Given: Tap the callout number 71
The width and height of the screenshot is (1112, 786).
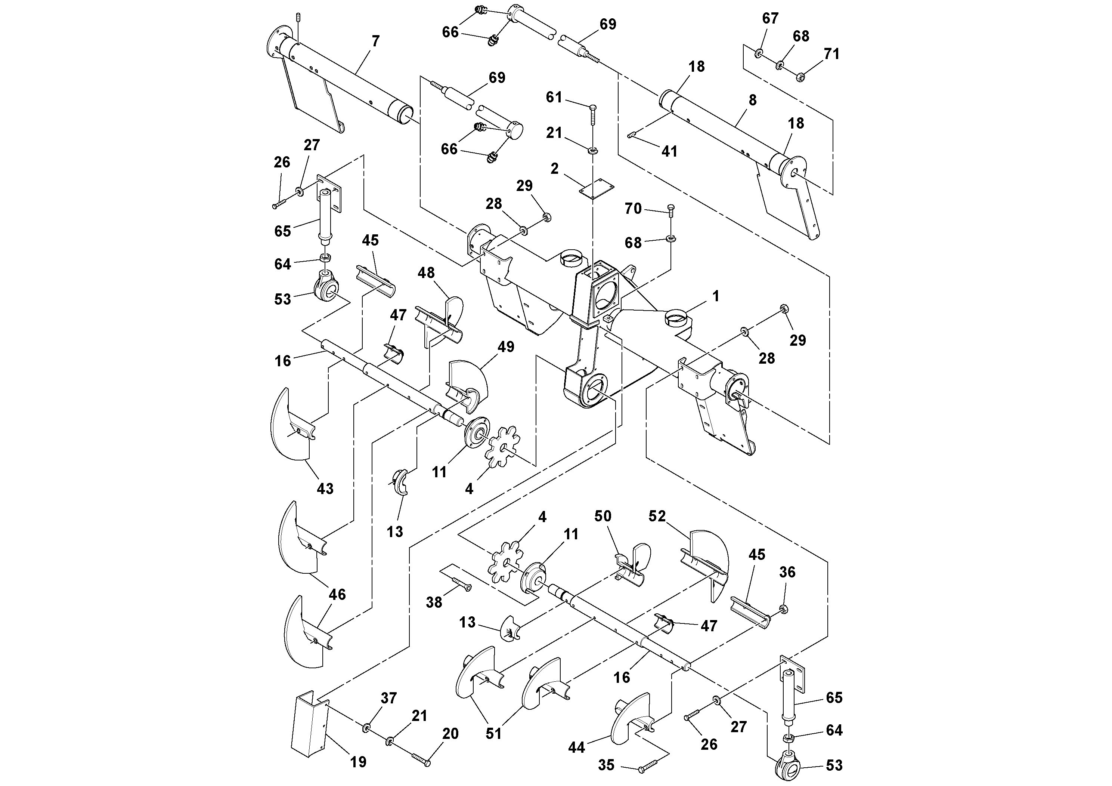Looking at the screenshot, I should coord(831,54).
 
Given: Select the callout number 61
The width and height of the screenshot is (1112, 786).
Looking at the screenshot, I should coord(554,98).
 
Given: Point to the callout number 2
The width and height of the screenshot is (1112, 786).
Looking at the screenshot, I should coord(555,169).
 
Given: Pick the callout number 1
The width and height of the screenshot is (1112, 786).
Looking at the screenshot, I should coord(716,296).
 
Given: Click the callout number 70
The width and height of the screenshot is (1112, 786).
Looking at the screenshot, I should coord(633,209).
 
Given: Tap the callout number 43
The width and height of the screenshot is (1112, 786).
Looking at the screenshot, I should coord(325,488).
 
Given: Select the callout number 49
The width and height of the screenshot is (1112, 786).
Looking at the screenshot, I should coord(506,346).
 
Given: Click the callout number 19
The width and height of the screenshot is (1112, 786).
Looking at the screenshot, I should coord(358,762).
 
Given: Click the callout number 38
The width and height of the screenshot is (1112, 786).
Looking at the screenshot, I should coord(434,602).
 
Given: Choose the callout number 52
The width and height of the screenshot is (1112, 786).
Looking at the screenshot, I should coord(657,517).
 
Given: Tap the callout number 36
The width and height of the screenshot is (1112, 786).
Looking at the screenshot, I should coord(787,572).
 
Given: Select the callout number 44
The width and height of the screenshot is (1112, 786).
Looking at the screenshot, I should coord(576,748).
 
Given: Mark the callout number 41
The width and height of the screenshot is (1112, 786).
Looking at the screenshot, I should coord(669,152).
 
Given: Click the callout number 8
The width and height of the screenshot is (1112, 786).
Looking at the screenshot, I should coord(752,100).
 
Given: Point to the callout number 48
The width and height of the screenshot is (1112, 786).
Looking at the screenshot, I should coord(426,273).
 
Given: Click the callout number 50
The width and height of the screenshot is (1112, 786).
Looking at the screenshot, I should coord(603,516).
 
